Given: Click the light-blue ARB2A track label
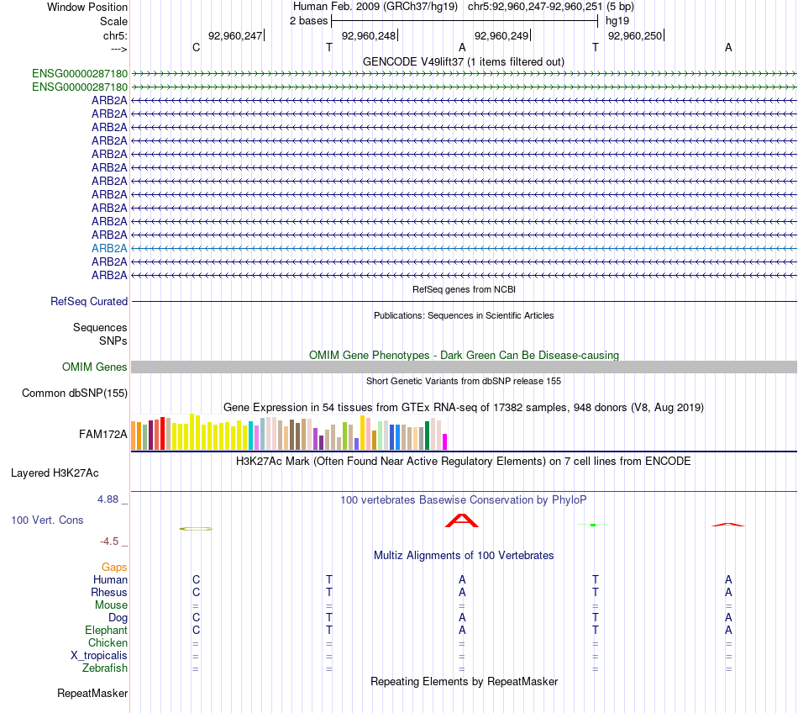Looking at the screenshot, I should click(x=109, y=248).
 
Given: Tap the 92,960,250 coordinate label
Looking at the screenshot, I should click(x=634, y=35).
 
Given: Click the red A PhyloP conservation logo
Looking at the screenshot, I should click(x=461, y=521).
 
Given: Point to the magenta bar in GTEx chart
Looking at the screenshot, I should click(x=445, y=441).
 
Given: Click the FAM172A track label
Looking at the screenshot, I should click(x=103, y=435).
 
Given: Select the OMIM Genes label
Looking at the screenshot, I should click(x=95, y=367).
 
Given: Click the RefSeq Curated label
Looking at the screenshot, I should click(x=89, y=301).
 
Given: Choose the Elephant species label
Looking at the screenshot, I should click(x=106, y=631).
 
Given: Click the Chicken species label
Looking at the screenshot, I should click(x=108, y=643).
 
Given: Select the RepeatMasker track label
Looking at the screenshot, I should click(x=92, y=694).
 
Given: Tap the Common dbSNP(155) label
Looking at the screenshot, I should click(x=75, y=393).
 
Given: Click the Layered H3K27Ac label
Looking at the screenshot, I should click(x=55, y=473).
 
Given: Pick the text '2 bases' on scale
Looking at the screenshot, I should click(x=309, y=20).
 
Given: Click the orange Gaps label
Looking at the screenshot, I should click(x=114, y=568).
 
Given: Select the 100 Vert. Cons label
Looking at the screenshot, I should click(x=47, y=520).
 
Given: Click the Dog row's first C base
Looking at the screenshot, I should click(x=197, y=618).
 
